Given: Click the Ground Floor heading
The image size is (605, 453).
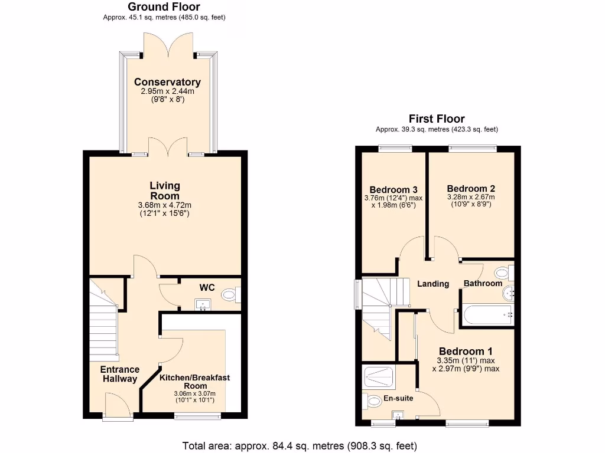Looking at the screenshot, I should pyautogui.click(x=164, y=7).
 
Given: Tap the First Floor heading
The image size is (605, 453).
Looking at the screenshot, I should pyautogui.click(x=437, y=119).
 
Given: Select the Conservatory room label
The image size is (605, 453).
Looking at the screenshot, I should pyautogui.click(x=167, y=82).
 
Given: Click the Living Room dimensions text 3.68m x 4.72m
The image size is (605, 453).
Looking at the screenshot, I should pyautogui.click(x=164, y=205).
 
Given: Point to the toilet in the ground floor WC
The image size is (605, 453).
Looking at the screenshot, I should pyautogui.click(x=229, y=294).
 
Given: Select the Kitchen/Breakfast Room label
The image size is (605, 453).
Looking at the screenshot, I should pyautogui.click(x=194, y=382).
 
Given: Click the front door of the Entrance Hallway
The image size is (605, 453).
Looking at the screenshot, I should pyautogui.click(x=116, y=406).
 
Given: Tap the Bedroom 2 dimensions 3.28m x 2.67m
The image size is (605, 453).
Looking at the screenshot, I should pyautogui.click(x=471, y=197).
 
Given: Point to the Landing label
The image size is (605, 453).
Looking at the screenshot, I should pyautogui.click(x=433, y=284).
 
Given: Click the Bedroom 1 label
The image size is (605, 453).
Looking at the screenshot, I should pyautogui.click(x=468, y=347).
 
